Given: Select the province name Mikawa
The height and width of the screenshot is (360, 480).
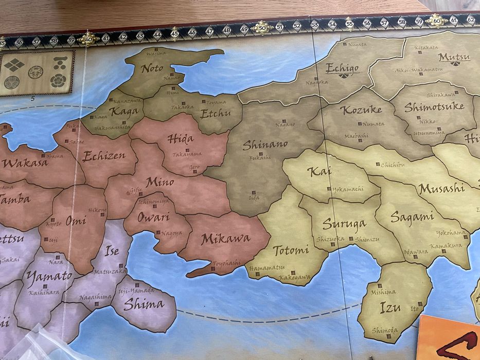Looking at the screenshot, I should click(225, 239).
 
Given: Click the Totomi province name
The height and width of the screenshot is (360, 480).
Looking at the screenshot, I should click(291, 250).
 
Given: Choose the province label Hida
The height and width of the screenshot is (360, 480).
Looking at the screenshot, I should click(180, 139).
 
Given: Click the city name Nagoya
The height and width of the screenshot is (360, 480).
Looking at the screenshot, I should click(171, 233).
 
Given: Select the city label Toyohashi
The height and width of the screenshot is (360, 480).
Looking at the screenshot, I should click(226, 262).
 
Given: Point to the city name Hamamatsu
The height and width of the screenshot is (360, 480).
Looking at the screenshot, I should click(266, 268).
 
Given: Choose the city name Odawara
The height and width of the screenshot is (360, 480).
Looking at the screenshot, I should click(401, 251).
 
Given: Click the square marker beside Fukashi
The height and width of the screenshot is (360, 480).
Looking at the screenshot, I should click(261, 153).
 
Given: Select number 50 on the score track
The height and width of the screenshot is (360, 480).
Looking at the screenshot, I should click(262, 27).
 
